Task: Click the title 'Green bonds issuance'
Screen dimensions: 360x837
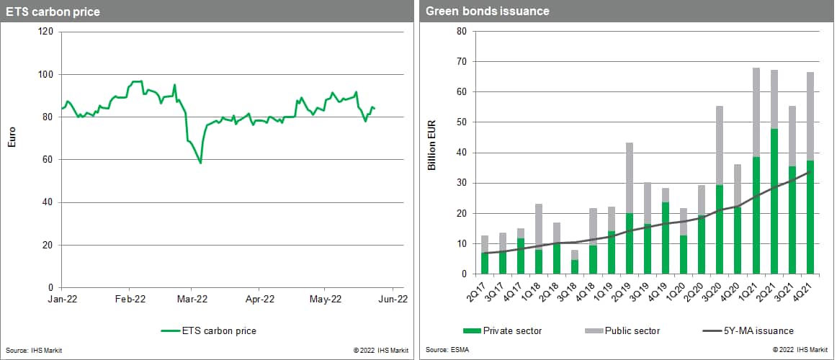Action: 477,12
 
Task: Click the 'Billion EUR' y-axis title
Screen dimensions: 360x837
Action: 432,152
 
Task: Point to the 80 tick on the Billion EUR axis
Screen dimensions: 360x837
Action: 462,32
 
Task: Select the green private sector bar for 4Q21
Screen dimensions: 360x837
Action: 810,217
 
